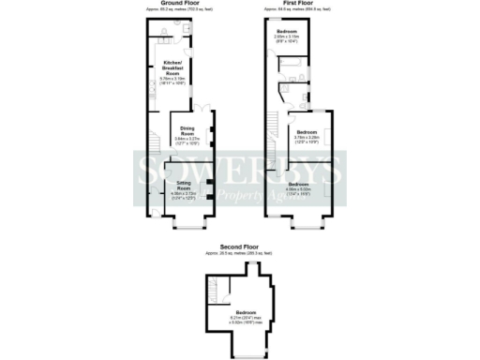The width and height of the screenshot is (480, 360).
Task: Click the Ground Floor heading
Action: [x=182, y=4]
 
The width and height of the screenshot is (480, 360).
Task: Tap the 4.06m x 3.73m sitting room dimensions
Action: [x=184, y=194]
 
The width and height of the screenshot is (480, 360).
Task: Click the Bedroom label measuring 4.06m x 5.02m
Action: [x=299, y=185]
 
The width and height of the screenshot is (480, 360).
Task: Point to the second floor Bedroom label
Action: [x=246, y=311]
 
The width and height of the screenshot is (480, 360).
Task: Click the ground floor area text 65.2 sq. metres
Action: [x=182, y=10]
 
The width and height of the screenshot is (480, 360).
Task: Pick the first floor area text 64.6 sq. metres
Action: [x=297, y=10]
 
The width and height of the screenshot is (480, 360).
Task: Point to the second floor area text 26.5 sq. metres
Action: [x=240, y=254]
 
